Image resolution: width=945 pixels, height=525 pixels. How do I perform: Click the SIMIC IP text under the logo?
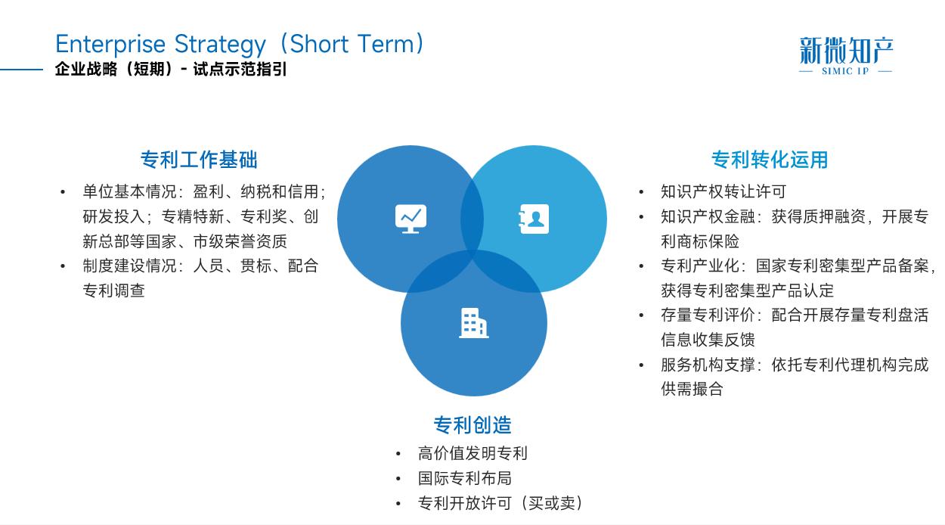(x=846, y=71)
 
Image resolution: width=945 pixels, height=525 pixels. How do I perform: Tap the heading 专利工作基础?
(x=199, y=160)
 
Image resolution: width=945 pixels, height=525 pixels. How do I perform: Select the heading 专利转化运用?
(x=770, y=160)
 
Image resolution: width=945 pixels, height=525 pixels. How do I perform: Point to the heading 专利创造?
(x=472, y=425)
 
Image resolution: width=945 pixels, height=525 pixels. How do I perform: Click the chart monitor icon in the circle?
(x=411, y=219)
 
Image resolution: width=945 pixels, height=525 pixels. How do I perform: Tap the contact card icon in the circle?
(x=534, y=219)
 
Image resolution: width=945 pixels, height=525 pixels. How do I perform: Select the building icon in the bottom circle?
(x=473, y=323)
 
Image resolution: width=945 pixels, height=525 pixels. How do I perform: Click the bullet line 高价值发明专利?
(x=472, y=453)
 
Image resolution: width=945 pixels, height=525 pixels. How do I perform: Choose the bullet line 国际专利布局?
(x=464, y=478)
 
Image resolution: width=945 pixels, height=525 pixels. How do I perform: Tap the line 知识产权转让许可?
(x=723, y=191)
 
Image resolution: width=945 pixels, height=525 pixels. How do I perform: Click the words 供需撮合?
(x=692, y=389)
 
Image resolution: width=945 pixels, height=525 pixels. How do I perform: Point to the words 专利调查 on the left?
(x=113, y=290)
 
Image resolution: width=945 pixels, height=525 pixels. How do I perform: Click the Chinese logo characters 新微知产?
(x=846, y=51)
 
